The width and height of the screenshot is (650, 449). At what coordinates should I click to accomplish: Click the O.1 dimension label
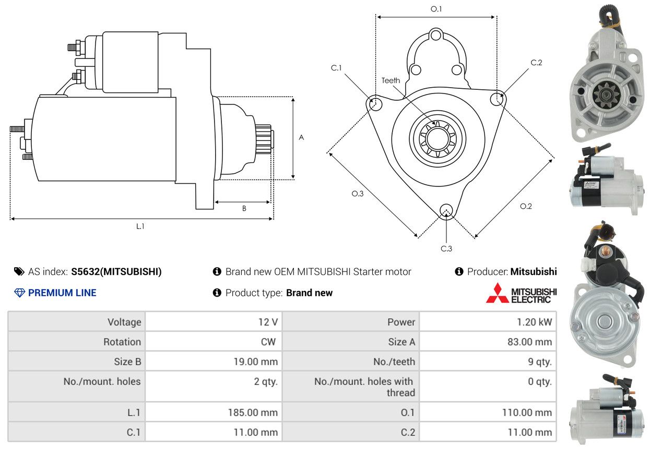point(436,9)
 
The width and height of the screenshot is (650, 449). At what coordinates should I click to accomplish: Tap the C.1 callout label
point(336,68)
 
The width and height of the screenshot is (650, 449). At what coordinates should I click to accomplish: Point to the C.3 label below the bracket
point(446,249)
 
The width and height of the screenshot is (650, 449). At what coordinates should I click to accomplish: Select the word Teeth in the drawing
point(391,80)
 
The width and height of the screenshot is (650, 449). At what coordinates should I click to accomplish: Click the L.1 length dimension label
point(140,226)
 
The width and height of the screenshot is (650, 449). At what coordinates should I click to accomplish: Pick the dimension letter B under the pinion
point(244,208)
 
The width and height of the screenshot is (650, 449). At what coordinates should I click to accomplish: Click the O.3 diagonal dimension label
point(357,194)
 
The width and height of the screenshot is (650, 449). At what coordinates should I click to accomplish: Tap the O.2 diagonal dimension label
point(526,206)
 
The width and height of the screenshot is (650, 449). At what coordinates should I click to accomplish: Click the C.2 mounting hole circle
point(498,98)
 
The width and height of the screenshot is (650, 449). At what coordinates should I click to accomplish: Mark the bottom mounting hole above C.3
point(446,210)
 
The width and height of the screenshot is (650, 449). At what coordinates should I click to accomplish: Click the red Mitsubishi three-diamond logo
point(497,293)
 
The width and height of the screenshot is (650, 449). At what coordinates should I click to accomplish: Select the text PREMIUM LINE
point(62,293)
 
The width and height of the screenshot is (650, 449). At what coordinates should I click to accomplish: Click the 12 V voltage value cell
point(268,322)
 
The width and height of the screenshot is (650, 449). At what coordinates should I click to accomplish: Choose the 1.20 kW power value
point(534,322)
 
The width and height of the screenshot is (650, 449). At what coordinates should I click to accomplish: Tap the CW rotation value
point(270,342)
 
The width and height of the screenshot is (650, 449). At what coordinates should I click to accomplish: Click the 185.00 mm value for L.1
point(253,412)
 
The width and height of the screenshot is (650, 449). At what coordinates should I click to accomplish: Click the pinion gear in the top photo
point(605,96)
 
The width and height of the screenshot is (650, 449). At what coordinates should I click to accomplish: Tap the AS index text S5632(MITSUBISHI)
point(116,271)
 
